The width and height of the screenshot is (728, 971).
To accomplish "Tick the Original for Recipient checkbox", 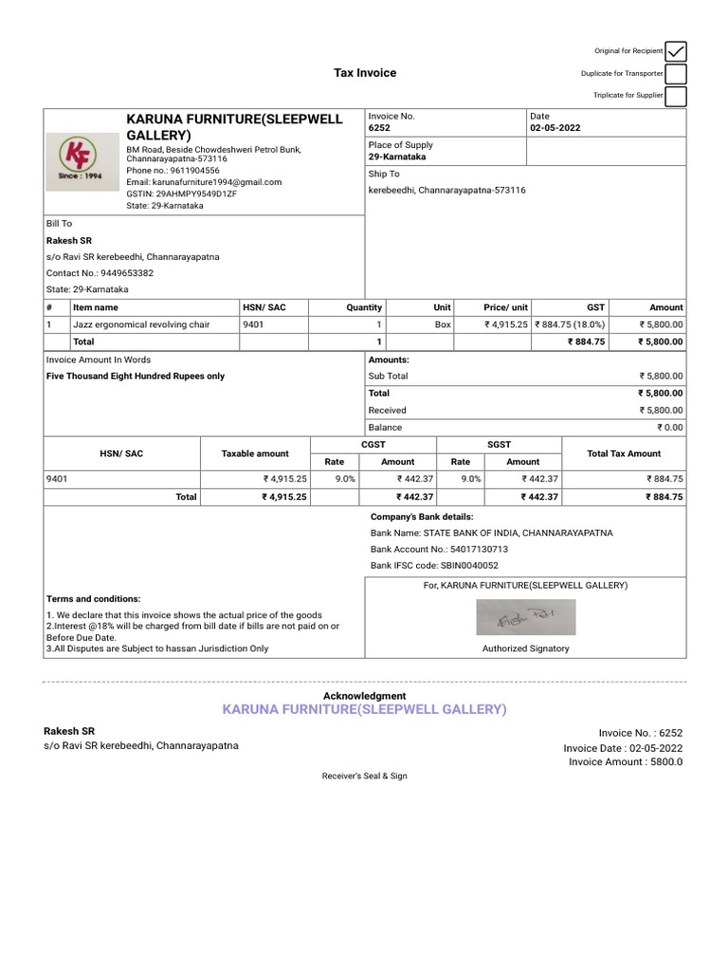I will [676, 51].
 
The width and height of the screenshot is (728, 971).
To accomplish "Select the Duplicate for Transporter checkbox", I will [676, 74].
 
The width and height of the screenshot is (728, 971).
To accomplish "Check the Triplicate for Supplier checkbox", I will [676, 96].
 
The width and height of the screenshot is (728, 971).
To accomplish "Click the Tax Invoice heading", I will [365, 73].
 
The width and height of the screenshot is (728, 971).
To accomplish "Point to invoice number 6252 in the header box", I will [379, 127].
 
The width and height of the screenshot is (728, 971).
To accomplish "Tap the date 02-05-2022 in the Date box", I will [555, 127].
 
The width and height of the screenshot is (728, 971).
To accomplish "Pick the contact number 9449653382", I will [128, 273].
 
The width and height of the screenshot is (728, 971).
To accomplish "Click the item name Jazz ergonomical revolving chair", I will [141, 324].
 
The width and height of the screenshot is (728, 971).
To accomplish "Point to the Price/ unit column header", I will [505, 307].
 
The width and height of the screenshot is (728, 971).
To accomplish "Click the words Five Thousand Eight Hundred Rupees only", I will [136, 376].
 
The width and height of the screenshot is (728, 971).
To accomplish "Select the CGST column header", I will [373, 444].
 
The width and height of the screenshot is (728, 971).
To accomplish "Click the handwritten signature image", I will [525, 618].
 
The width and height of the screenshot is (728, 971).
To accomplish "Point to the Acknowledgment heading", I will [365, 696].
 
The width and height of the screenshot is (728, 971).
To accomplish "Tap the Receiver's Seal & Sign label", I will [365, 776].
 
